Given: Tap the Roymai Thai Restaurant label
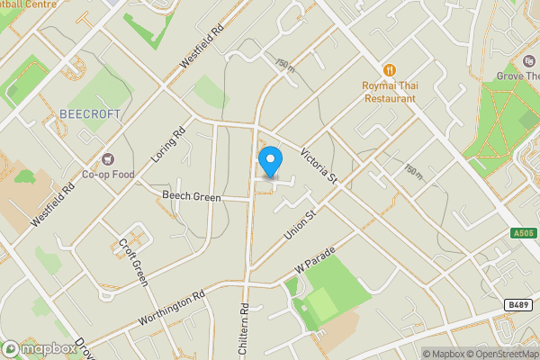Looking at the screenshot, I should click(390, 92).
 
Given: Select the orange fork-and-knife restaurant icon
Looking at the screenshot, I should click(390, 68).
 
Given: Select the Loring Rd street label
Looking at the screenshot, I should click(167, 142).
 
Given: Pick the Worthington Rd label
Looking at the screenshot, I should click(172, 307).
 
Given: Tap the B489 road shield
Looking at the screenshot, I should click(517, 306).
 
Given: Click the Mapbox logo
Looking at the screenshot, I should click(40, 348).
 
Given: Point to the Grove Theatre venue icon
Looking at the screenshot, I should click(528, 61).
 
